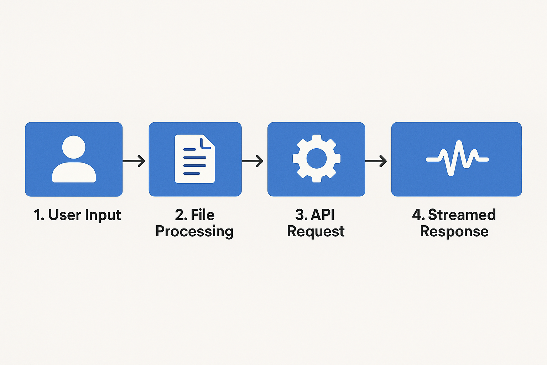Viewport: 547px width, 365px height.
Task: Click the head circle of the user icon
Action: click(x=74, y=147)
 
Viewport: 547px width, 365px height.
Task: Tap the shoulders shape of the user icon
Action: click(x=74, y=173)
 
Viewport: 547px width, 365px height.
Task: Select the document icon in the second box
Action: click(x=194, y=159)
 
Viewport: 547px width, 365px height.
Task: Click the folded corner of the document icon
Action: click(x=208, y=142)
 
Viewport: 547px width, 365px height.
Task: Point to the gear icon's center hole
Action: click(x=316, y=159)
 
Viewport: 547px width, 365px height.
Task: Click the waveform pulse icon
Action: click(x=457, y=158)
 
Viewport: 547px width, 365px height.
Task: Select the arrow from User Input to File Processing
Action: click(x=134, y=161)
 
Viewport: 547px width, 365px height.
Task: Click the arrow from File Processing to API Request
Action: click(x=252, y=161)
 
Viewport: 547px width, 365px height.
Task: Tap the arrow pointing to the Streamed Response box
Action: click(x=376, y=161)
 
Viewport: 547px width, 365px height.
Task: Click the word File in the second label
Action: click(x=203, y=215)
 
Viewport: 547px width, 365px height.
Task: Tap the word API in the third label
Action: click(x=323, y=215)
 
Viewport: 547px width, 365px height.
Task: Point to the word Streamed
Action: click(x=462, y=215)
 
